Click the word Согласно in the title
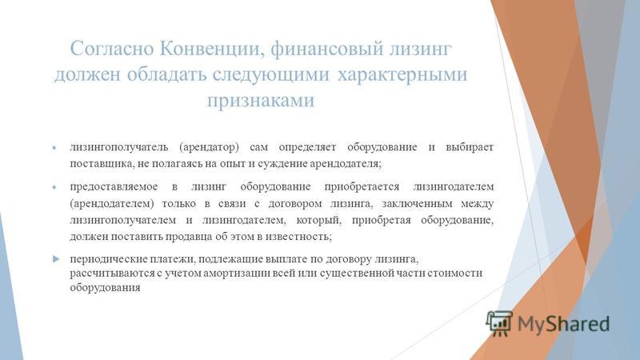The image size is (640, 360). point(112,49)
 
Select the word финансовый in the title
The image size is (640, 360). point(327,50)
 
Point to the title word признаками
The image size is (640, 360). point(261,100)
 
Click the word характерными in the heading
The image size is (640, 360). point(402,74)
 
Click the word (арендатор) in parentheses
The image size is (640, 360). point(209,147)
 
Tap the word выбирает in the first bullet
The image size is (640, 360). point(470,147)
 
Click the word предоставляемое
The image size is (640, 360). point(114,186)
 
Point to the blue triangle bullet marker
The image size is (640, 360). point(56,258)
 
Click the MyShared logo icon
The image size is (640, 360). point(499,324)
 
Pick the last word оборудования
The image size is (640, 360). point(105,287)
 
